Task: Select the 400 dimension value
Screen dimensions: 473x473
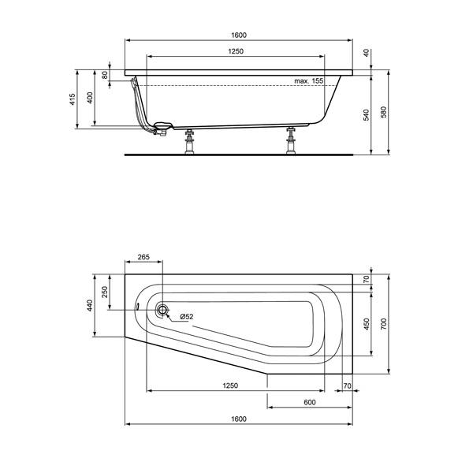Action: [x=90, y=99]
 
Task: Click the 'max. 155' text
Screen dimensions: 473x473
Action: [x=309, y=81]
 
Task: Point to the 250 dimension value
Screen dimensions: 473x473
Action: [x=106, y=292]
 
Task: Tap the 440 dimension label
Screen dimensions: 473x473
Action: [x=90, y=307]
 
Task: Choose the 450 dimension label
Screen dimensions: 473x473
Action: [x=365, y=325]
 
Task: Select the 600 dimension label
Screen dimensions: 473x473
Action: [x=309, y=402]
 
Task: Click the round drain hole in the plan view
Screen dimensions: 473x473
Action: [x=162, y=310]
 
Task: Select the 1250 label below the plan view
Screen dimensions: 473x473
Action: [x=229, y=386]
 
